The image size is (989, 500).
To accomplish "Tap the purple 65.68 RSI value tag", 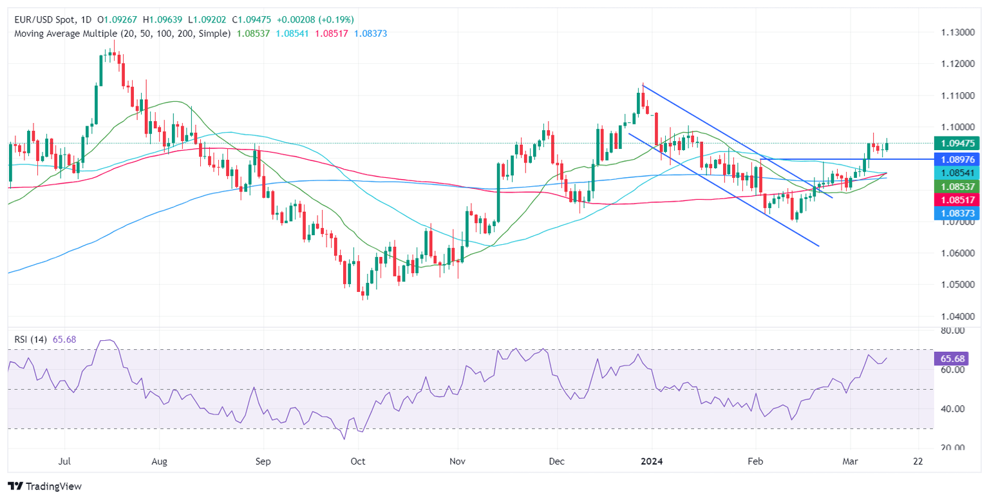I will [951, 358].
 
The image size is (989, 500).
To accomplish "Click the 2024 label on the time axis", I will [652, 462].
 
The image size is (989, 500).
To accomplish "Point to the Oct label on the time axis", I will [357, 462].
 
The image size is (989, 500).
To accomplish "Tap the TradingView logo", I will [44, 486].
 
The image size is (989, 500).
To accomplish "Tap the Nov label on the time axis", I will [458, 462].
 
